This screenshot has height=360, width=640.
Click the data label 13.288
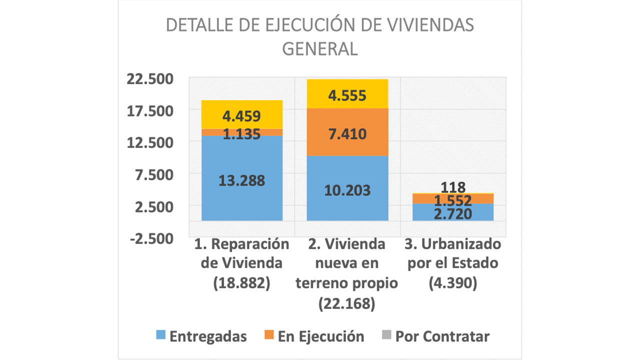241,180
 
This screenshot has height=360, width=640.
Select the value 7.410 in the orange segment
347,134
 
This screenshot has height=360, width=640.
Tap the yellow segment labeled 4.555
347,95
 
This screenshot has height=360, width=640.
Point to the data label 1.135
241,133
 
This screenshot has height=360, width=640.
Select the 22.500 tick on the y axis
150,79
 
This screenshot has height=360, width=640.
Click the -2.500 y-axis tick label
150,238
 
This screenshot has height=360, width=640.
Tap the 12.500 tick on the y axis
150,142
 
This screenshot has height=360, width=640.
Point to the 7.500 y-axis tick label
150,174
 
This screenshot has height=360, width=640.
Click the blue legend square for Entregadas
160,336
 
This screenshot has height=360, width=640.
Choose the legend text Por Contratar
442,336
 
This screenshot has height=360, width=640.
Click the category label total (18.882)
241,283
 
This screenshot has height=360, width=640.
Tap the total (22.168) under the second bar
347,303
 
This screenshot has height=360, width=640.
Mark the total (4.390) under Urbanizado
453,283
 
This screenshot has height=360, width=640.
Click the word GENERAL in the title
320,49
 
